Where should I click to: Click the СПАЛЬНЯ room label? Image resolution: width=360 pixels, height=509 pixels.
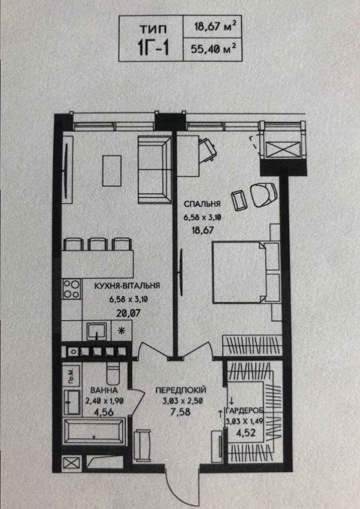click(x=202, y=204)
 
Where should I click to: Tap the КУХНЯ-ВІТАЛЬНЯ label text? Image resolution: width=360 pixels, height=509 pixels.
click(x=127, y=286)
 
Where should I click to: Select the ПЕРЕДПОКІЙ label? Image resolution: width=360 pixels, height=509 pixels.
click(x=181, y=390)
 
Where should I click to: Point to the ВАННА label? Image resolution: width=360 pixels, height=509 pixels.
click(x=104, y=390)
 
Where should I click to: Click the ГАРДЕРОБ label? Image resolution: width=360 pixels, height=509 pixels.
click(x=245, y=410)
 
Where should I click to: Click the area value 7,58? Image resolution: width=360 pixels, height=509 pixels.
click(x=180, y=412)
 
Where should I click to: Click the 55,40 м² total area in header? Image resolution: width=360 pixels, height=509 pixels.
click(x=213, y=50)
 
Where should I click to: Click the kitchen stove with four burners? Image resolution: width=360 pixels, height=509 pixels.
click(x=71, y=289)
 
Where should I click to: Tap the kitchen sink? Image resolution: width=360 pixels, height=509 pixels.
click(x=97, y=331)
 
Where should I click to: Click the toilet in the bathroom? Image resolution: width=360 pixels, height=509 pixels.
click(x=113, y=373)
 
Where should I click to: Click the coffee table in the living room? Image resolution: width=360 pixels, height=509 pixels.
click(x=112, y=171)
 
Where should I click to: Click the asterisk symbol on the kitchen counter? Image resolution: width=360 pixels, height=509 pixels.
click(x=122, y=331)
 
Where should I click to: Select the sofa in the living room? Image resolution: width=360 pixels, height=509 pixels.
click(x=155, y=170)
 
